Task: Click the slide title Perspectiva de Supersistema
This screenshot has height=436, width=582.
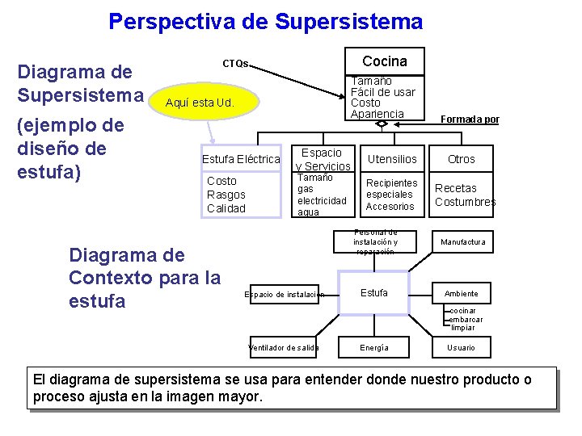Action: pyautogui.click(x=265, y=21)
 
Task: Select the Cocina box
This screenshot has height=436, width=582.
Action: pyautogui.click(x=385, y=61)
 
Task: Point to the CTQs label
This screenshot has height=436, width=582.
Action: pyautogui.click(x=236, y=64)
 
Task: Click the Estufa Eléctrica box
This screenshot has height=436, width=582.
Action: pyautogui.click(x=241, y=159)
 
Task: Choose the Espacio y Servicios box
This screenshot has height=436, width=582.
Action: pyautogui.click(x=322, y=159)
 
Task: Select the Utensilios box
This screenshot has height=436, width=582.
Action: pyautogui.click(x=392, y=159)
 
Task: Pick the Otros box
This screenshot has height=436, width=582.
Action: pyautogui.click(x=462, y=159)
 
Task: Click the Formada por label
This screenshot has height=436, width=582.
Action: pyautogui.click(x=470, y=119)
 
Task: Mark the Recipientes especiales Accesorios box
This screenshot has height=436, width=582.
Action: pyautogui.click(x=391, y=195)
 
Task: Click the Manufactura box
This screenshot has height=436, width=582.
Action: pyautogui.click(x=462, y=242)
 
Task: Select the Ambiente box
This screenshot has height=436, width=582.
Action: pyautogui.click(x=461, y=293)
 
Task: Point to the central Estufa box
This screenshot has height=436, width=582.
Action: pyautogui.click(x=373, y=293)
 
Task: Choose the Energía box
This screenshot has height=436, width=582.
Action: pyautogui.click(x=373, y=348)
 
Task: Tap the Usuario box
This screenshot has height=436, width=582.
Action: pyautogui.click(x=461, y=348)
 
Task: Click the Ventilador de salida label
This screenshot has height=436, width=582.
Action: pyautogui.click(x=283, y=348)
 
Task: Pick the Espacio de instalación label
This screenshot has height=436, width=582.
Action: pyautogui.click(x=284, y=295)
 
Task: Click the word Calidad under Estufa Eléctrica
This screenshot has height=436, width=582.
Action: pyautogui.click(x=226, y=208)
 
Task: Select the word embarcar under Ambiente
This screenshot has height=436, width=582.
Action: pyautogui.click(x=467, y=319)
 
